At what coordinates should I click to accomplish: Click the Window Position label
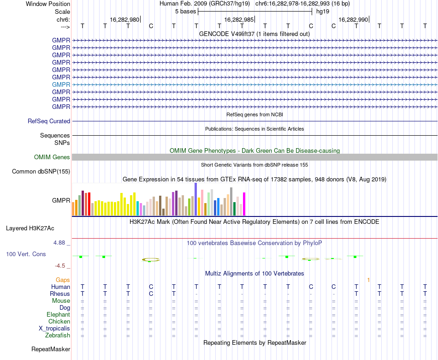click(x=48, y=4)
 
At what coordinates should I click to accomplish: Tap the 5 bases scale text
click(x=185, y=12)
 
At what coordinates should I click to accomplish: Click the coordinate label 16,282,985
click(x=239, y=19)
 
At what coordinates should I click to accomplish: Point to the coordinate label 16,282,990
click(x=353, y=19)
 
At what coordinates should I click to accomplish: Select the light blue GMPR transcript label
click(x=61, y=84)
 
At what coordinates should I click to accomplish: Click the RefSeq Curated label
click(x=49, y=121)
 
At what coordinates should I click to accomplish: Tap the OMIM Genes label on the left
click(x=52, y=157)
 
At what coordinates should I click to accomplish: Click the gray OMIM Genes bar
click(x=255, y=157)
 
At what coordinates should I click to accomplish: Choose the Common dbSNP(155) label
click(x=41, y=172)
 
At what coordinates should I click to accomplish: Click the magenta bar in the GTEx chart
click(x=244, y=204)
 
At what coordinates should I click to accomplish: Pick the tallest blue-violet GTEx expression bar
click(x=196, y=199)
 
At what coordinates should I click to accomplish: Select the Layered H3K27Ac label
click(x=30, y=228)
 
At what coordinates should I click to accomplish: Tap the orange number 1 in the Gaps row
click(x=368, y=280)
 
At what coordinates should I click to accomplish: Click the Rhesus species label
click(x=60, y=294)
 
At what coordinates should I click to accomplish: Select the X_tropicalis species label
click(x=54, y=329)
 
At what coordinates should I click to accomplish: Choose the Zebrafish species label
click(x=58, y=335)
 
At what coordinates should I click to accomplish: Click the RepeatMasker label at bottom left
click(x=51, y=349)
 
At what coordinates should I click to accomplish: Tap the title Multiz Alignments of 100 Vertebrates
click(x=255, y=273)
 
